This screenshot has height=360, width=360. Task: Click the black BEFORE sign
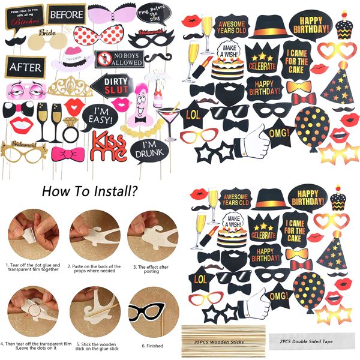coord(66,13)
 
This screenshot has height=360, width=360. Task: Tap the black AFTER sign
coord(26,67)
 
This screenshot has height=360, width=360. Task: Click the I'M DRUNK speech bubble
coord(148,149)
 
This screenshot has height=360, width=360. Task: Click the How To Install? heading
coord(91,192)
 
